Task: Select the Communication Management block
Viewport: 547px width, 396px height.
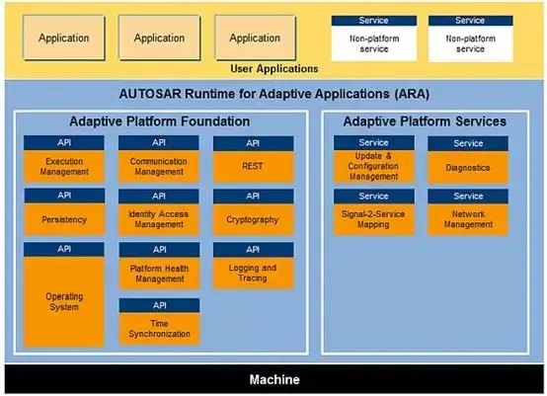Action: tap(159, 166)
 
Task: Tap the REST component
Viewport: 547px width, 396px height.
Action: tap(254, 166)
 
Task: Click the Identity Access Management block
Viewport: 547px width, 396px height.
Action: tap(159, 219)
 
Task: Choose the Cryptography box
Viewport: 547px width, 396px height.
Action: tap(254, 219)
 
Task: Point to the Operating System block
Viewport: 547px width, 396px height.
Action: tap(63, 300)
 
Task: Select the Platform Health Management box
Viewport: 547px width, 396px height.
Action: tap(159, 273)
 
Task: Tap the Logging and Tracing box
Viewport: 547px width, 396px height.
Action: tap(254, 273)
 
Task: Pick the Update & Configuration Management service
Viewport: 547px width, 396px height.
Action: tap(373, 166)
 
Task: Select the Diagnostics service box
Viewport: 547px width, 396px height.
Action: tap(468, 167)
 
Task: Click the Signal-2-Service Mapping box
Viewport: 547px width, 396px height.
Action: tap(373, 219)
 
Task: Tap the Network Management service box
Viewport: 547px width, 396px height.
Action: tap(468, 219)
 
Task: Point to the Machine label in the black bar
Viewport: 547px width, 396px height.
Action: tap(273, 379)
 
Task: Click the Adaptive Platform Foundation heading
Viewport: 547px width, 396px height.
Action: tap(159, 121)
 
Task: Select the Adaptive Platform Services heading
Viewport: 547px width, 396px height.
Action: tap(425, 121)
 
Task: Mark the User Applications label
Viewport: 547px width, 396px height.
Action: tap(273, 69)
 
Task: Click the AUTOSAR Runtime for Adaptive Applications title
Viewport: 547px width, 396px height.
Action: tap(273, 95)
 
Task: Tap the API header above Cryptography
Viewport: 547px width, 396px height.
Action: tap(254, 196)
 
